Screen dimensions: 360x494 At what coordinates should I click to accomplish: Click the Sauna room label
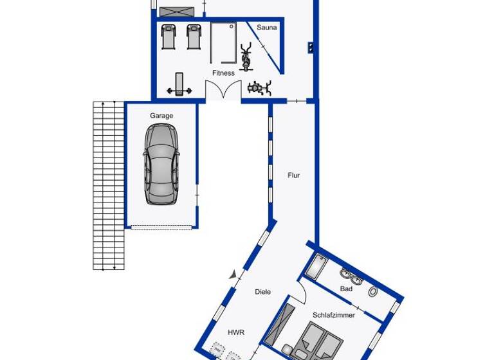[267, 28]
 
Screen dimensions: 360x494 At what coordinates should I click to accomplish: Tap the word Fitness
[223, 73]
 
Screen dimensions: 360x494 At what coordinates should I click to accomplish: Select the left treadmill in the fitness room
[169, 37]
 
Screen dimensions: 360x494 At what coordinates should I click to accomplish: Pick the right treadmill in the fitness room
[194, 37]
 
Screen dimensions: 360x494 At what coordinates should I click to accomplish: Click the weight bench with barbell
[179, 84]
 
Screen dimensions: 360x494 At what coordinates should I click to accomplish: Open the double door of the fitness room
[223, 91]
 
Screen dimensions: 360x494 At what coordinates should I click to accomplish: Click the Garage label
[161, 116]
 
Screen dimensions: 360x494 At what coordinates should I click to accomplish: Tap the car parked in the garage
[161, 164]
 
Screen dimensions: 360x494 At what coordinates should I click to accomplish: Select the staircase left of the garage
[108, 185]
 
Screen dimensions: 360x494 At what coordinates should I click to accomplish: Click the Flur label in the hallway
[293, 175]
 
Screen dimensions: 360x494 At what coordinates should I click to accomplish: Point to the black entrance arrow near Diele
[233, 274]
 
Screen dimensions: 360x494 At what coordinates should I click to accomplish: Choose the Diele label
[262, 292]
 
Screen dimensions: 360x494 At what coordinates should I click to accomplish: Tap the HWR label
[235, 332]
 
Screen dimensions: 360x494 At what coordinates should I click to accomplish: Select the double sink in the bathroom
[351, 277]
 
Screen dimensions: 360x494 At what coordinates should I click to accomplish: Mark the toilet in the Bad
[373, 291]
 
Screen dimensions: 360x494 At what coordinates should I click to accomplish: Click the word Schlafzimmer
[334, 315]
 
